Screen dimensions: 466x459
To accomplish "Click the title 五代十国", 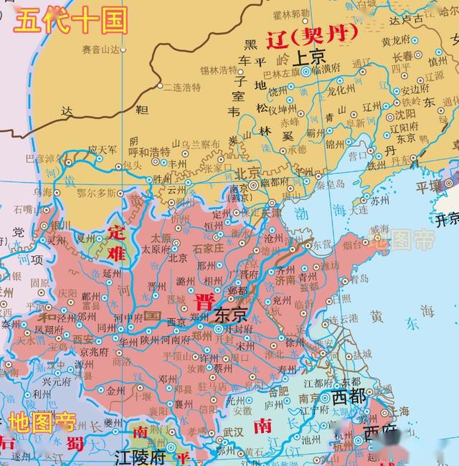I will [x=72, y=19].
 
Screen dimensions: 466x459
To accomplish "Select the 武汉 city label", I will [x=234, y=432].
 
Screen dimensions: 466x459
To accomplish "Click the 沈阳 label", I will [x=404, y=114].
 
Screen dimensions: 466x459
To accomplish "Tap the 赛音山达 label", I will [x=99, y=49].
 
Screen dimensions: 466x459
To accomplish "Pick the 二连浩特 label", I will [x=182, y=87].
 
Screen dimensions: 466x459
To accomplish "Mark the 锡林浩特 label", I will [x=219, y=70].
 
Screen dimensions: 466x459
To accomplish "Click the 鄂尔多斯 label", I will [x=96, y=193].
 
